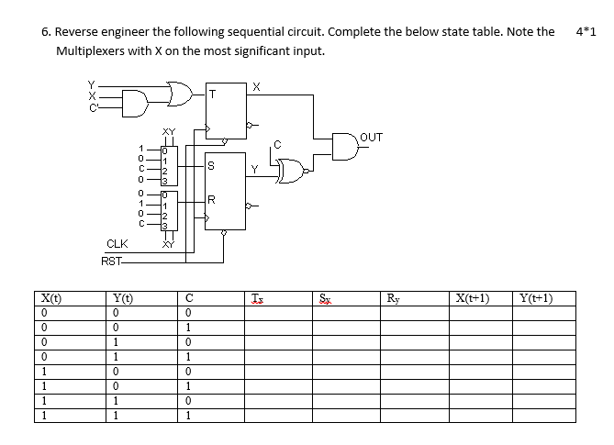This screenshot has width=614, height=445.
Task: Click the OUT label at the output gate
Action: pyautogui.click(x=372, y=137)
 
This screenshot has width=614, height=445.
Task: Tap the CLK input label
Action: pyautogui.click(x=117, y=244)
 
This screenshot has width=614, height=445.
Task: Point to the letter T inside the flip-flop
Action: pyautogui.click(x=212, y=94)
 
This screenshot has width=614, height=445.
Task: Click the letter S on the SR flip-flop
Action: pyautogui.click(x=212, y=166)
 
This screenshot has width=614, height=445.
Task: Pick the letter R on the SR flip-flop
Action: pyautogui.click(x=212, y=199)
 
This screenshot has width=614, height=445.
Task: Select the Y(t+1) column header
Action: pyautogui.click(x=535, y=297)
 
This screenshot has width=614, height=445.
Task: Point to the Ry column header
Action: pyautogui.click(x=393, y=297)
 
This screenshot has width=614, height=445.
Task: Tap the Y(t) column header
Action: pyautogui.click(x=122, y=297)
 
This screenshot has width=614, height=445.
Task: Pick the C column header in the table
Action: pyautogui.click(x=187, y=297)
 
